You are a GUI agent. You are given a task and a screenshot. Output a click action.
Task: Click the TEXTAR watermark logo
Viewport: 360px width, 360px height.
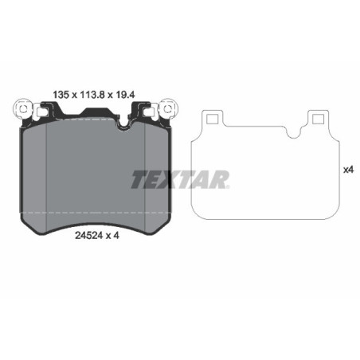180,179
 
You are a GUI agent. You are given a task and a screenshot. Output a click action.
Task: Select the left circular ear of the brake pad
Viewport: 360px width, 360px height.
22,106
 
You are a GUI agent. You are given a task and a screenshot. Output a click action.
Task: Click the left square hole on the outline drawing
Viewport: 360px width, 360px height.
213,119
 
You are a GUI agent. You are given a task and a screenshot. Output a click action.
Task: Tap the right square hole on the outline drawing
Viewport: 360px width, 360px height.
318,119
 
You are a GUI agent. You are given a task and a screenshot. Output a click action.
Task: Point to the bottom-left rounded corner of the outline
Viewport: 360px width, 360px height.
197,210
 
